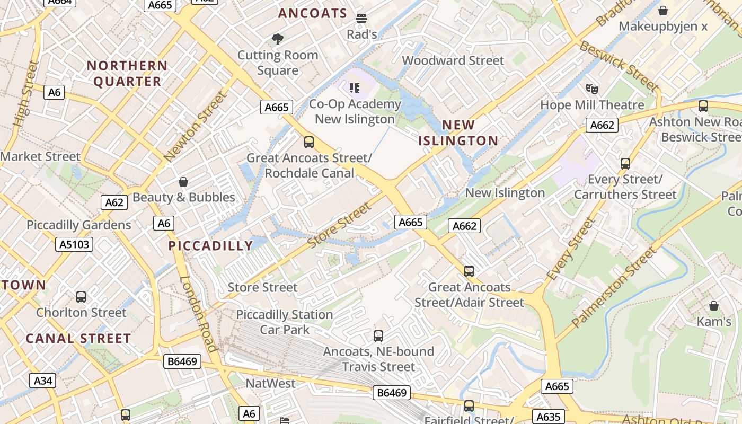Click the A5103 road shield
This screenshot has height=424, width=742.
(x=74, y=244)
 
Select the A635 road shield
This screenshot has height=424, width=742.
(x=548, y=417)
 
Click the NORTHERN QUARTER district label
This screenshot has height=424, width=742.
(x=127, y=74)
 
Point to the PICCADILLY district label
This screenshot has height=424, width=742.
(x=211, y=246)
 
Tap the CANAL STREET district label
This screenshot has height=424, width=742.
(x=78, y=339)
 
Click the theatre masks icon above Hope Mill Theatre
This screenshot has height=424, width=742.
(x=592, y=89)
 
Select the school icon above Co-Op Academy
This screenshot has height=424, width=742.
(x=355, y=88)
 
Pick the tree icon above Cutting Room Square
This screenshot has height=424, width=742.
(x=277, y=39)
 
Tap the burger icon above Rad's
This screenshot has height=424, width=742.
(x=361, y=19)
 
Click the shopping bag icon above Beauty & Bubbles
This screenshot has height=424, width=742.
(x=183, y=182)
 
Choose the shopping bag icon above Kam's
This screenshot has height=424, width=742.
(x=714, y=306)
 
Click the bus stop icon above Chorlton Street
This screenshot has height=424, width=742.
(x=81, y=297)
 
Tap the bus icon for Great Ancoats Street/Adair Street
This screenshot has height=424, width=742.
(x=469, y=271)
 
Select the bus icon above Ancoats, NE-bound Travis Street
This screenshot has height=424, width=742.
(x=378, y=335)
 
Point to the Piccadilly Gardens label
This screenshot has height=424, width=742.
(x=79, y=225)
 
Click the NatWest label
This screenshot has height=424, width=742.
(x=270, y=383)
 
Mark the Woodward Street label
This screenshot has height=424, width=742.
(x=453, y=60)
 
